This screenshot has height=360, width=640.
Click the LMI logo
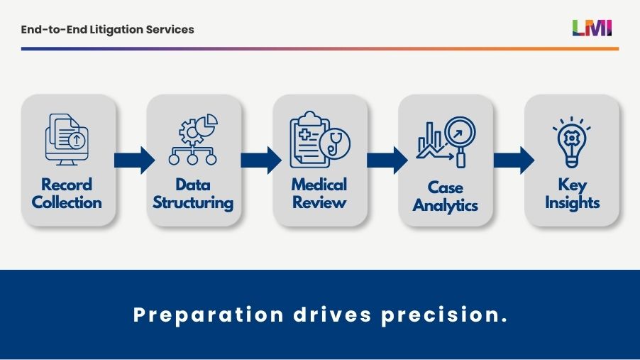pyautogui.click(x=592, y=28)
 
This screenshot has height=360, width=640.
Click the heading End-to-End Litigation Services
pyautogui.click(x=107, y=30)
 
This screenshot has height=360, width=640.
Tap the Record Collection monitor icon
pyautogui.click(x=67, y=140)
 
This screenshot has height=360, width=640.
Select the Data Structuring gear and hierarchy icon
pyautogui.click(x=193, y=140)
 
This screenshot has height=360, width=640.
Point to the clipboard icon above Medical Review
pyautogui.click(x=311, y=138)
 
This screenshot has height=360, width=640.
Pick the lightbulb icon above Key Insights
pyautogui.click(x=572, y=142)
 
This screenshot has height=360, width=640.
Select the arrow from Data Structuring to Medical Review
pyautogui.click(x=260, y=160)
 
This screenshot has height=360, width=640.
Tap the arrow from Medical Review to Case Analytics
pyautogui.click(x=387, y=160)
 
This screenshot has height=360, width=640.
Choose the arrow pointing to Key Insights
pyautogui.click(x=513, y=160)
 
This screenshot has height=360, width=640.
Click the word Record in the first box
pyautogui.click(x=67, y=185)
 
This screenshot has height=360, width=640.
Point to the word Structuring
pyautogui.click(x=194, y=203)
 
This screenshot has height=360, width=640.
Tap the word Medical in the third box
pyautogui.click(x=319, y=185)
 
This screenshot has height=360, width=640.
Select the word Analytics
pyautogui.click(x=446, y=206)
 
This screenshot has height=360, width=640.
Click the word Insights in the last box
pyautogui.click(x=572, y=203)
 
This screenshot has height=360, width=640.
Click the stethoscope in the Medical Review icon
pyautogui.click(x=335, y=142)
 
